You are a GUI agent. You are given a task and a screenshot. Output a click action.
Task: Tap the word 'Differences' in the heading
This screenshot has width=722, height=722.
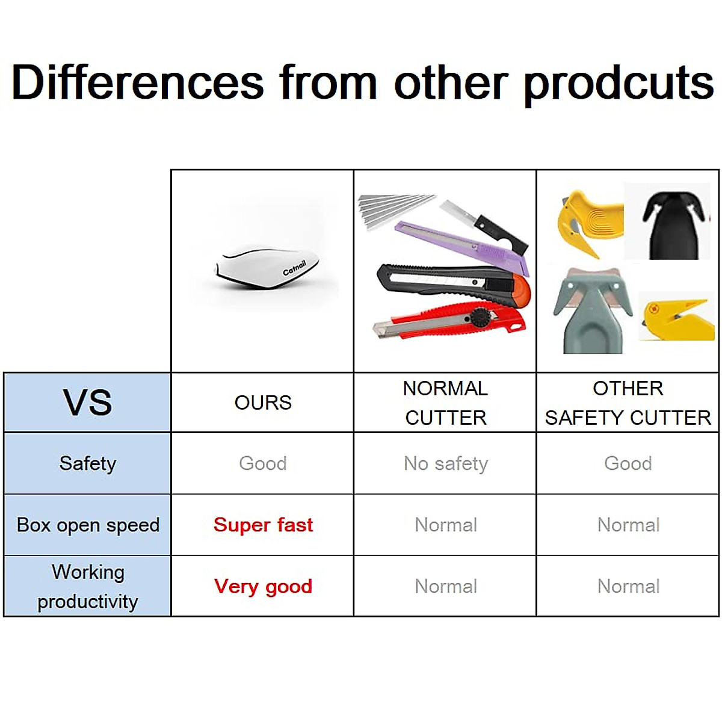(138, 82)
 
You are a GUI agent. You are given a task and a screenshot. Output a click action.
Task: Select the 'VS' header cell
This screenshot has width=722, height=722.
(87, 403)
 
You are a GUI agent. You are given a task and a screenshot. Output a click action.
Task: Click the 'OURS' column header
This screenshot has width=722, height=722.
(263, 403)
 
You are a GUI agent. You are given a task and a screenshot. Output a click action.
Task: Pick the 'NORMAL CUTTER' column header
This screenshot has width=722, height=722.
(445, 403)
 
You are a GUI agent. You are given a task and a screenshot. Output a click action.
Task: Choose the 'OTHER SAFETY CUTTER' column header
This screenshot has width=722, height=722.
(628, 403)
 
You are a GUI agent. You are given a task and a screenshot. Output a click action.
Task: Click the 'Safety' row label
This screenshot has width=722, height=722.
(87, 464)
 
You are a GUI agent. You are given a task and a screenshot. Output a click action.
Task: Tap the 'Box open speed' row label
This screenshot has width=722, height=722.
(88, 525)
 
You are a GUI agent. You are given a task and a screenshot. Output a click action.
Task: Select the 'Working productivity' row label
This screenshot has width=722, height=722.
(88, 587)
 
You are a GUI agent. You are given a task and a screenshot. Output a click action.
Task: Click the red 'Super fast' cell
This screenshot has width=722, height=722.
(263, 525)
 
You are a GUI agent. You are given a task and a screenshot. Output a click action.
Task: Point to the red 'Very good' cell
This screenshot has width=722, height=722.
(263, 587)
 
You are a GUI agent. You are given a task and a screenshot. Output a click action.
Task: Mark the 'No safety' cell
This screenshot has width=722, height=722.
(445, 464)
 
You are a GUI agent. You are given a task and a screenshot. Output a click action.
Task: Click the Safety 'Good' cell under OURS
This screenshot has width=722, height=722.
(263, 463)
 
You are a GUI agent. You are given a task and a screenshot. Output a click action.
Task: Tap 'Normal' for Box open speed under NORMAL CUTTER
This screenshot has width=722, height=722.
(445, 525)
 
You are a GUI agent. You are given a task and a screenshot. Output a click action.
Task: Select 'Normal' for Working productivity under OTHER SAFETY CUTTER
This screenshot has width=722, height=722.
(628, 586)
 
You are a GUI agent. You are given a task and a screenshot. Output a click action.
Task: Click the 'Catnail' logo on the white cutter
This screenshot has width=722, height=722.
(294, 268)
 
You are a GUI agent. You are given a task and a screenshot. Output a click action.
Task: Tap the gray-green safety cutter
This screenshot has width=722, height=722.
(593, 311)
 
